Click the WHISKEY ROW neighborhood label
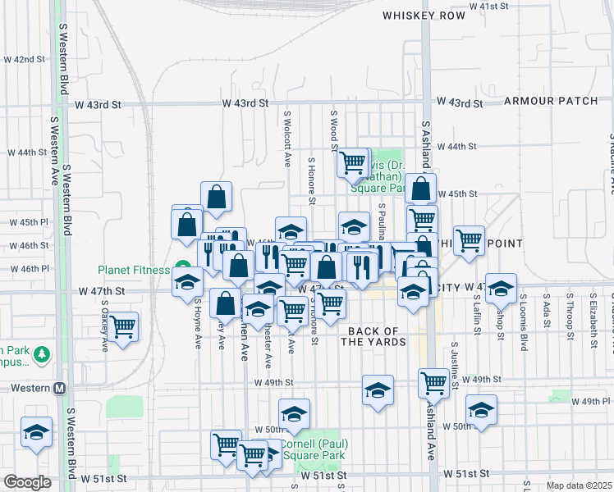pos(419,15)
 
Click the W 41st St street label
pos(489,6)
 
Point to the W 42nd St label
pos(25,59)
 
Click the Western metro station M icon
pos(59,388)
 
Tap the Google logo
pos(27,482)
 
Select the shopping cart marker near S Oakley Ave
pos(122,326)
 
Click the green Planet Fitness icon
pos(181,269)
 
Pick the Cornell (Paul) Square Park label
pos(315,449)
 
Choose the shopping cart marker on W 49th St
pos(433,381)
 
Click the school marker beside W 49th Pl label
pos(480,409)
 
